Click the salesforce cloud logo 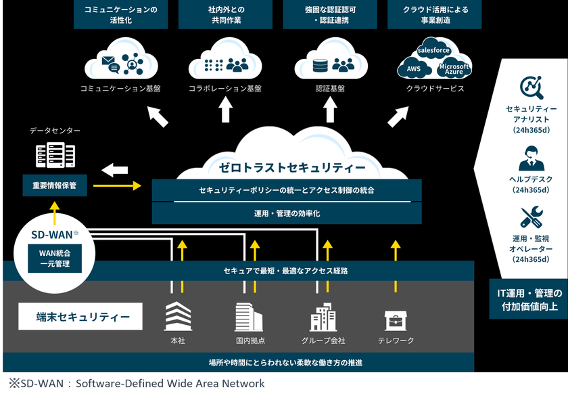tap(434, 51)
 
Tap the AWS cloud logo tap(413, 68)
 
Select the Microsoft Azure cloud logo tap(454, 68)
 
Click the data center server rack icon tap(54, 156)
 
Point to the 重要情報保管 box tap(55, 184)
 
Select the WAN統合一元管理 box tap(53, 258)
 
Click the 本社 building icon tap(179, 316)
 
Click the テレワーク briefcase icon tap(396, 320)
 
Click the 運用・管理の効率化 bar tap(287, 213)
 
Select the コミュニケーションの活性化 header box tap(121, 15)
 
